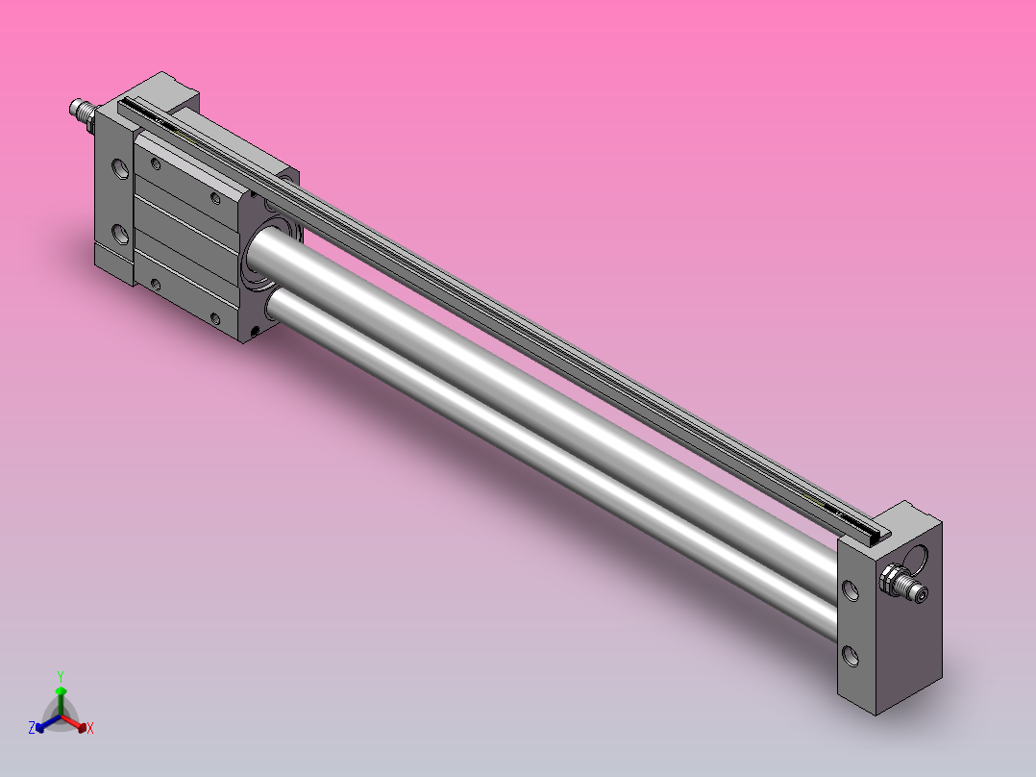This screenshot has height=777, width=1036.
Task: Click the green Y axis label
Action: (60, 675)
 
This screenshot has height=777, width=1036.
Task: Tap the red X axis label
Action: (90, 729)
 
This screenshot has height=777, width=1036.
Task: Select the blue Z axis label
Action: (32, 728)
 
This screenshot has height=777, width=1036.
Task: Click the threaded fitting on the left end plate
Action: (83, 113)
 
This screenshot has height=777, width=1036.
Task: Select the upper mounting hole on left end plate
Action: (120, 171)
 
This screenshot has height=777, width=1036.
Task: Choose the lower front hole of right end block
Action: (851, 657)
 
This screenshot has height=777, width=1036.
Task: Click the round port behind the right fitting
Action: (920, 558)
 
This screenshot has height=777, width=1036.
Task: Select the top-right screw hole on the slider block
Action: (216, 199)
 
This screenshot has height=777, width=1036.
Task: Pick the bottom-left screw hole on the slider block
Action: (156, 284)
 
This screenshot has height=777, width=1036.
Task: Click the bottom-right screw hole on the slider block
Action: (216, 319)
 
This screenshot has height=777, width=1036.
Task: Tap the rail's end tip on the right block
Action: (876, 530)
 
